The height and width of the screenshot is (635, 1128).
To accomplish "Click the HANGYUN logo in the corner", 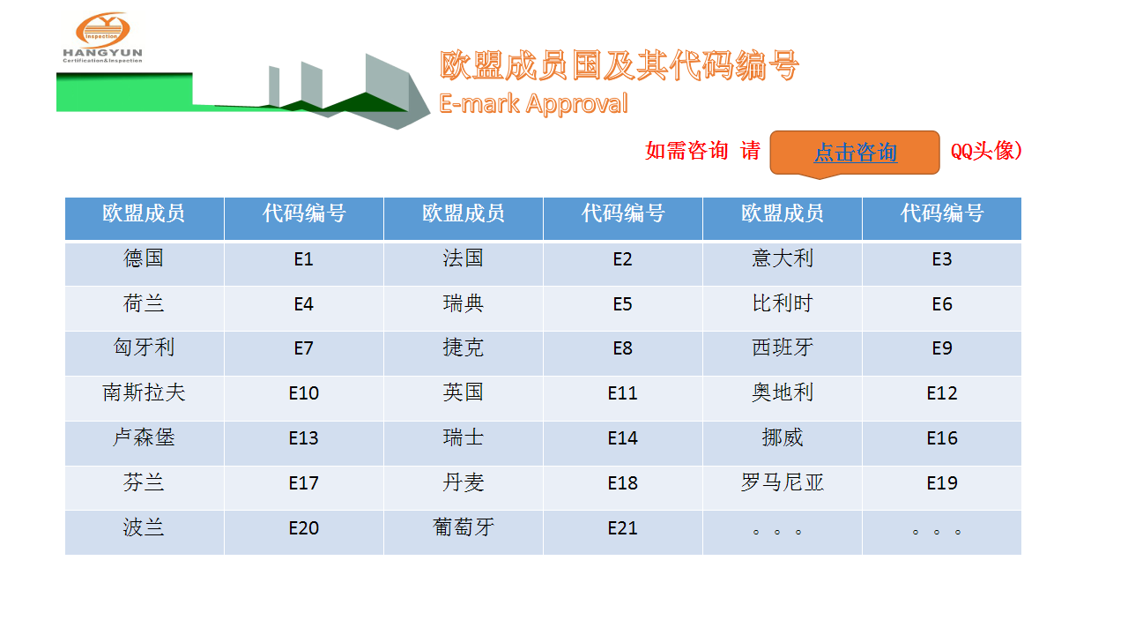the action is pos(103,38).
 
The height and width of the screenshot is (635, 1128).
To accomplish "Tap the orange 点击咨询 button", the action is pos(855,153).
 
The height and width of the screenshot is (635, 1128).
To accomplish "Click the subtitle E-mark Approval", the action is pos(533,104).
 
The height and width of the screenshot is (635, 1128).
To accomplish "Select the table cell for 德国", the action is pos(144,264).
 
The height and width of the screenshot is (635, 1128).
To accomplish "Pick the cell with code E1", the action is pos(304,264).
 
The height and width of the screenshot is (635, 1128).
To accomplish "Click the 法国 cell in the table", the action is pos(464,264).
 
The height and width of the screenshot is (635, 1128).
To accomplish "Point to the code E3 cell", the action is pos(942,264).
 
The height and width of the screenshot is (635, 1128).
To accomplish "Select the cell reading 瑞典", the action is pos(464,309).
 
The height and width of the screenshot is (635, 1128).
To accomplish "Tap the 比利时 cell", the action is pos(782,309).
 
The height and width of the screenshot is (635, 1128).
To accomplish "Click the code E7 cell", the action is pos(304,354).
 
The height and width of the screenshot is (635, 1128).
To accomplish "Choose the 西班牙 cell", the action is pos(782,354).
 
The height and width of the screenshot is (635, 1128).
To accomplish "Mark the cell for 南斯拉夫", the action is pos(144,398).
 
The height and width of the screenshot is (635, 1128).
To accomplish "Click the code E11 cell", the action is pos(623,398).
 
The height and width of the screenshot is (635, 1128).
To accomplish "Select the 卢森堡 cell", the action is pos(144,443).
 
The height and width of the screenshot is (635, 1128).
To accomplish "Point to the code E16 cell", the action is pos(942,443).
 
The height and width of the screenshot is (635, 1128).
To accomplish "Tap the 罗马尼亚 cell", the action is pos(782,488).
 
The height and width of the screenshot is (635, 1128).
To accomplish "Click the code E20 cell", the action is pos(304,533).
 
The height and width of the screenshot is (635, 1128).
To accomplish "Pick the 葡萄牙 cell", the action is pos(464,533).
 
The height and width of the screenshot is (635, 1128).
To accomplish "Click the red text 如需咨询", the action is pos(686,151).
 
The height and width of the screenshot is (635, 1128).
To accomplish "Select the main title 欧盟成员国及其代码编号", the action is pos(619,65).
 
